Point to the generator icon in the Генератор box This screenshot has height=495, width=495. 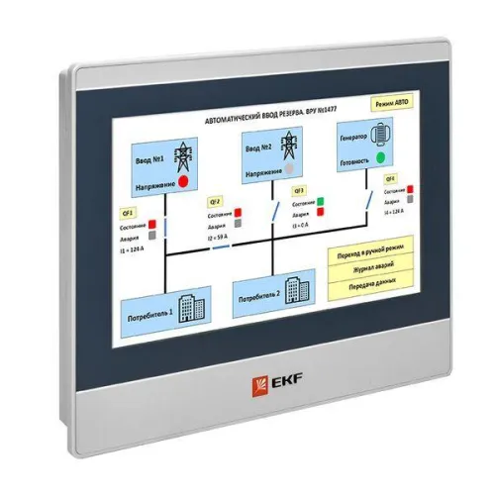384,131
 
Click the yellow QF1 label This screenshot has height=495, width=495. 127,212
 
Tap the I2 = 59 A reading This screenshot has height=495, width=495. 221,239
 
